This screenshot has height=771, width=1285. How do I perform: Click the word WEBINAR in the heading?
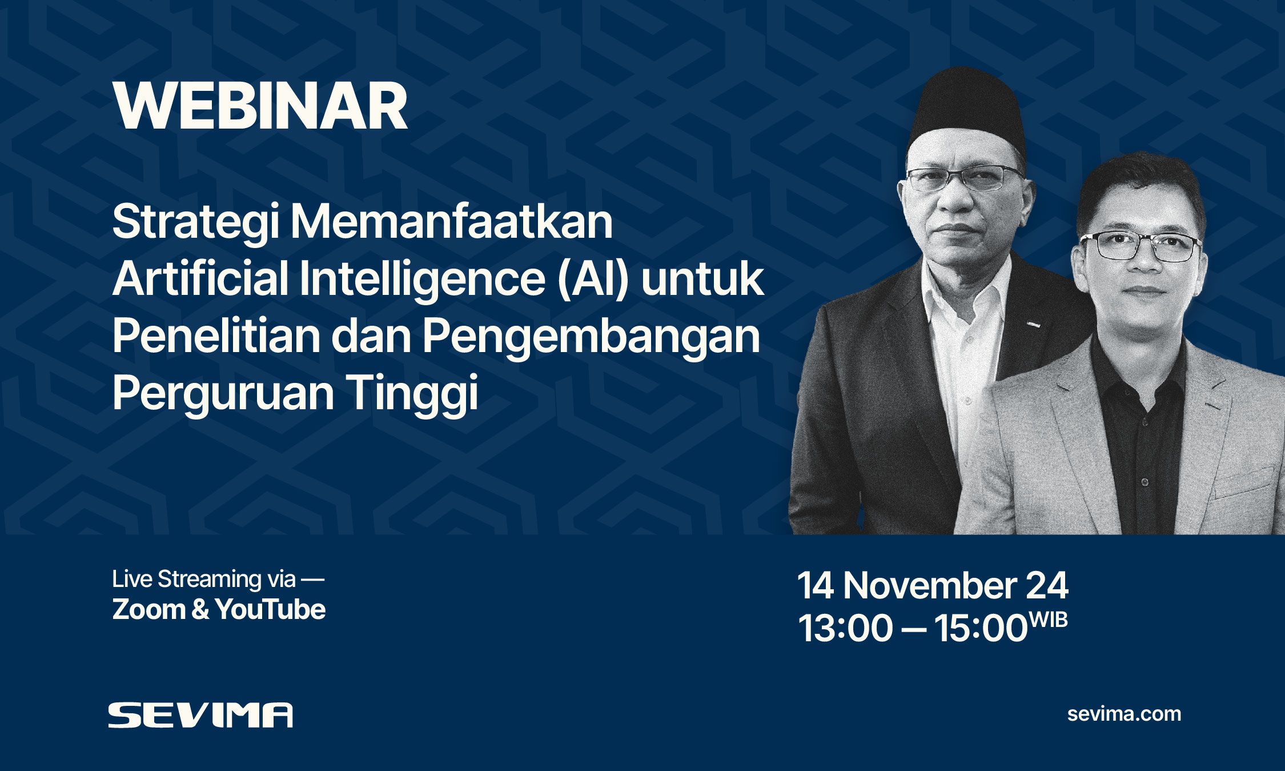[x=260, y=106]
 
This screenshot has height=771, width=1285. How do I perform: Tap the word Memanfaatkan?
[x=452, y=222]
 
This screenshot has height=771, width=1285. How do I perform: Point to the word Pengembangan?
[x=591, y=337]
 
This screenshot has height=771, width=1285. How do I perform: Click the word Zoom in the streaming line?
[x=148, y=609]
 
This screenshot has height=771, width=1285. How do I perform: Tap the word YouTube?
[x=271, y=609]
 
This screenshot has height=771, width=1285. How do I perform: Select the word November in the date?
[x=930, y=586]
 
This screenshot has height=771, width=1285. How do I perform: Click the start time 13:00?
[x=845, y=628]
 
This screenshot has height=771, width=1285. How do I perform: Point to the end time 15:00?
[x=981, y=628]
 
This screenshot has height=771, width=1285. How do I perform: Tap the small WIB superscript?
[x=1048, y=620]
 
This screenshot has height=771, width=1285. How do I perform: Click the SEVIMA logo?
[x=200, y=715]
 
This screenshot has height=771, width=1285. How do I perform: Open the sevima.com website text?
[x=1124, y=714]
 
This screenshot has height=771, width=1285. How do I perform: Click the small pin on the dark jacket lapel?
[x=1033, y=325]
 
